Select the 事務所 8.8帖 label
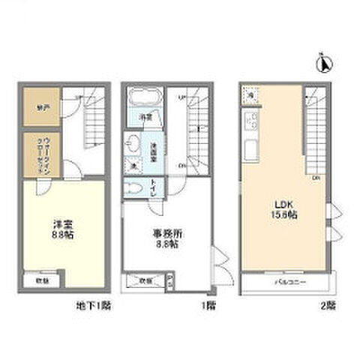(166, 238)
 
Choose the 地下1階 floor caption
(94, 305)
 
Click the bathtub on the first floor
(143, 99)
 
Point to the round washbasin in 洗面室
(134, 143)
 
